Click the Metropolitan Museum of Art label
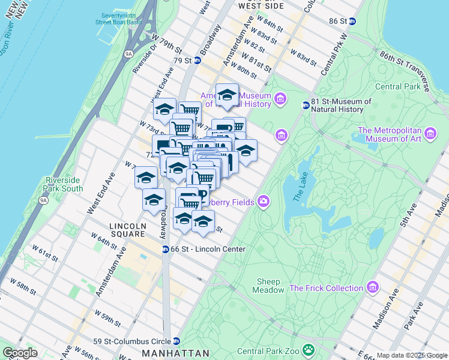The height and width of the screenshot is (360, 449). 390,136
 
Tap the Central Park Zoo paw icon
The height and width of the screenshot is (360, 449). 308,349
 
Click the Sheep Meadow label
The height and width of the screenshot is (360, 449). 270,286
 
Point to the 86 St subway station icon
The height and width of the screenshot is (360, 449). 353,21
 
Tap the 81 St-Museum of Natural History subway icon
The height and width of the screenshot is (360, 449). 306,105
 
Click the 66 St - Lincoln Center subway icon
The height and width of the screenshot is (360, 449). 165,249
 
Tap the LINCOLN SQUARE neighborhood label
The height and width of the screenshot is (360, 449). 127,229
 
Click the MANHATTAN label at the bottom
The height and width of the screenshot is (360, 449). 175,353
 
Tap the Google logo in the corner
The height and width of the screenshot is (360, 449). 19,353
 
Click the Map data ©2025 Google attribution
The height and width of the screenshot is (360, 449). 411,355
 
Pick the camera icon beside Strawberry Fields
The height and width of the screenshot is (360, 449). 264,201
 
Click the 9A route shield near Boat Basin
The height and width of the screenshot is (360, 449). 128,54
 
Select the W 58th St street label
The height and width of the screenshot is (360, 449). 26,287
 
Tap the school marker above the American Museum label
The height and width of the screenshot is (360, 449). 227,95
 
